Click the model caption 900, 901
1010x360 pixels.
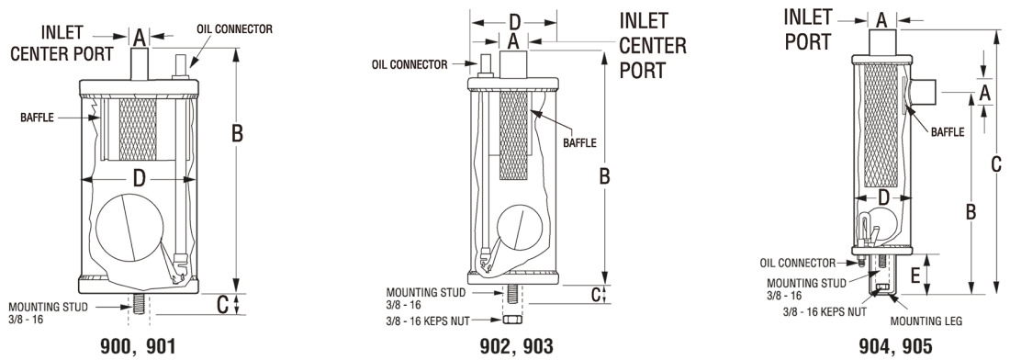[x=138, y=346]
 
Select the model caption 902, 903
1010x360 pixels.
[x=517, y=346]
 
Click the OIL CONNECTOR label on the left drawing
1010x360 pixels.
[x=233, y=29]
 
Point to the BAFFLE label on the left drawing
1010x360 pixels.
[x=38, y=118]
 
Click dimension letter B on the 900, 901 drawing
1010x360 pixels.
[x=237, y=133]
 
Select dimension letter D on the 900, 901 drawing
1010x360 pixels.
[x=140, y=179]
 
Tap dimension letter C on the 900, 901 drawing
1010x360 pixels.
[x=222, y=305]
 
